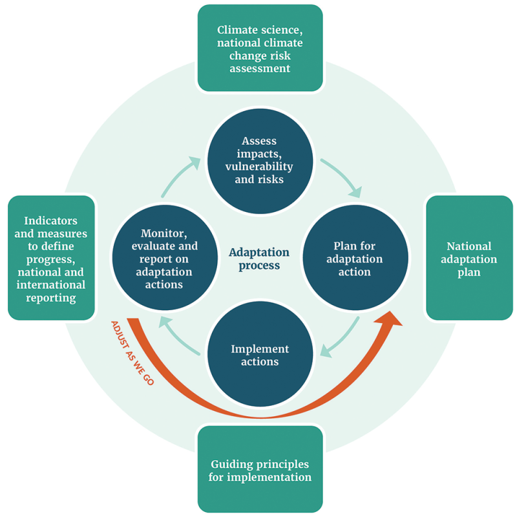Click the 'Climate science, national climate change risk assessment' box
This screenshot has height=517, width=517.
coord(260,48)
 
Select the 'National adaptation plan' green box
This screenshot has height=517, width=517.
coord(469,258)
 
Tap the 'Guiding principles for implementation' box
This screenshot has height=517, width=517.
coord(260,470)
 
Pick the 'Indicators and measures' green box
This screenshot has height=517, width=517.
coord(50,258)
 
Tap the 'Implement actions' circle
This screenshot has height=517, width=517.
coord(260,355)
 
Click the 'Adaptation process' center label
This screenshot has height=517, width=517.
coord(258,258)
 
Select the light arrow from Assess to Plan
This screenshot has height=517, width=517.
coord(341,176)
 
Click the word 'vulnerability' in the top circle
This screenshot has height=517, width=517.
coord(258,166)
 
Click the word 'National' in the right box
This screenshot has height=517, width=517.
coord(469,246)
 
